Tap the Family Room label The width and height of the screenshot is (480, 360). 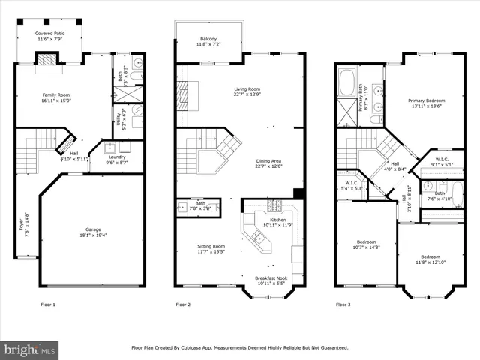pos(54,94)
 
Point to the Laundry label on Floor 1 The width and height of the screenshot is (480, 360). pos(116,157)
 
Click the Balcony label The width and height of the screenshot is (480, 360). pos(208,39)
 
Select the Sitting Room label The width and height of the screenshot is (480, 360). pos(211,246)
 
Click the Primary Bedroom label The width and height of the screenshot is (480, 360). pos(426,100)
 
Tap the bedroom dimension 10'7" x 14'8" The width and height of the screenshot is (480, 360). pos(366,247)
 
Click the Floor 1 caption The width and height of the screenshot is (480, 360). pos(49,304)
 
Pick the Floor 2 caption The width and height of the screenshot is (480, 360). pos(183,304)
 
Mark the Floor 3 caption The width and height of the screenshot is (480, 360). pos(343,304)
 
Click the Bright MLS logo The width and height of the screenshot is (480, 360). pos(29,349)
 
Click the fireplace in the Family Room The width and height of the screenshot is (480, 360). pos(46,61)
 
